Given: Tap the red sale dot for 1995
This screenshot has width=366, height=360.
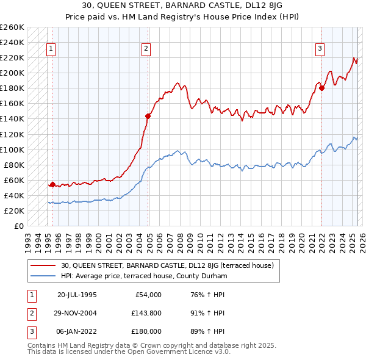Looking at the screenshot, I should coord(52,184).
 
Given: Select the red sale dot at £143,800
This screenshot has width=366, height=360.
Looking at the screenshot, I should coord(148,115).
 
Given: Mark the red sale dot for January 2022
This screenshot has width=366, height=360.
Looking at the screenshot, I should coord(321,88).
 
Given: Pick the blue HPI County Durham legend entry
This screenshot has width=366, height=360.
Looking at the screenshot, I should coord(144,276).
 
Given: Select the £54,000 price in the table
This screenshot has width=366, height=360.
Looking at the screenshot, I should coord(147,295).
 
